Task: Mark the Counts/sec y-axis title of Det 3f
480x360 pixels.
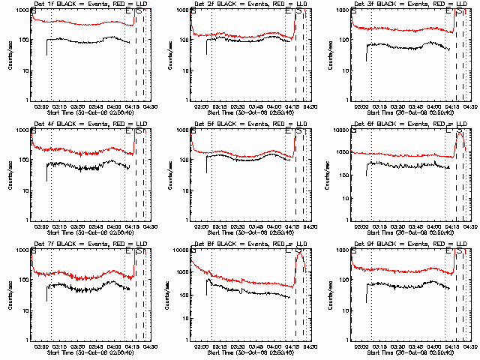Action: pyautogui.click(x=327, y=54)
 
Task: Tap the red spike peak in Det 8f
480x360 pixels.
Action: pyautogui.click(x=299, y=253)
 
